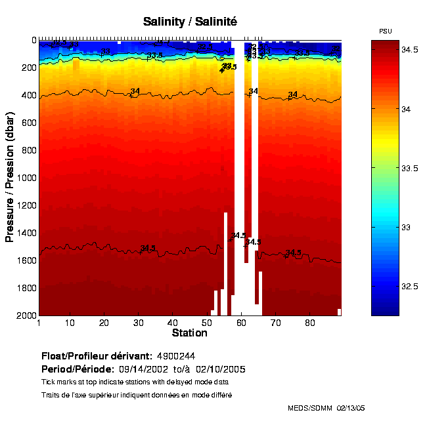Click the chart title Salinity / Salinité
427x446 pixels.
pyautogui.click(x=190, y=22)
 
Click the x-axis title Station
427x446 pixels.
pyautogui.click(x=190, y=333)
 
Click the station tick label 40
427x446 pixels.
pyautogui.click(x=172, y=323)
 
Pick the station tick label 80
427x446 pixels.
pyautogui.click(x=307, y=323)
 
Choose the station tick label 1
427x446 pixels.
pyautogui.click(x=39, y=323)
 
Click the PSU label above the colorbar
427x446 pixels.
pyautogui.click(x=386, y=31)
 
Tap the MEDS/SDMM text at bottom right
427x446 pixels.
pyautogui.click(x=310, y=408)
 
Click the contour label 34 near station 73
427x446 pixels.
pyautogui.click(x=293, y=94)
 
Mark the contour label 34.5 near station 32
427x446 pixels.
pyautogui.click(x=148, y=248)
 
